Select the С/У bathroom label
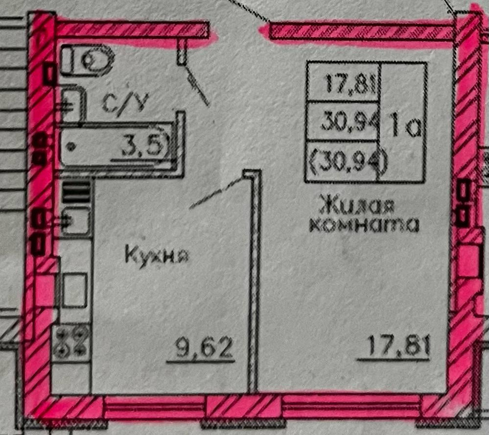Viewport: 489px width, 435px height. (122, 103)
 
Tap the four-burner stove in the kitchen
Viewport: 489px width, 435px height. (71, 341)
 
